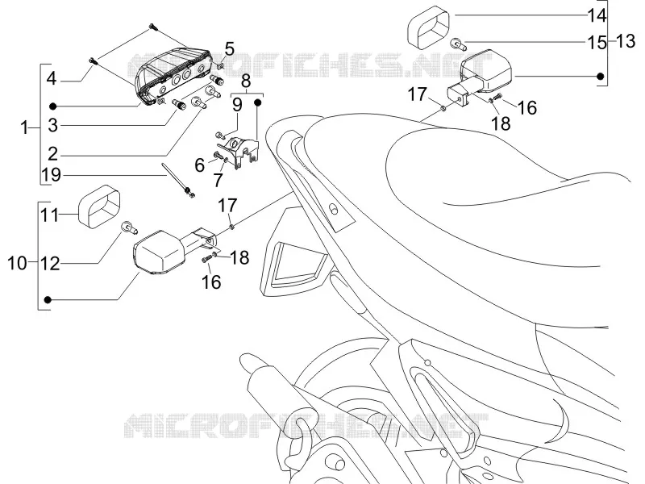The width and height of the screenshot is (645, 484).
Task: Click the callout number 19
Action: [52, 175]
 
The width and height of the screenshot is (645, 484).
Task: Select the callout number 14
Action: [597, 15]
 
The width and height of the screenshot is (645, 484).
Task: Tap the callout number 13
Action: [626, 41]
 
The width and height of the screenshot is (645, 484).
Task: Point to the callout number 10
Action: [17, 264]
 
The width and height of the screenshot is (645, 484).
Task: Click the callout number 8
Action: [246, 81]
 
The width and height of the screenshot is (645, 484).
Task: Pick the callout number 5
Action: [229, 49]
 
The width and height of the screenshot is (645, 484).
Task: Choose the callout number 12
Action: [50, 264]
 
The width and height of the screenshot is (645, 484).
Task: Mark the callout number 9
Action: [237, 105]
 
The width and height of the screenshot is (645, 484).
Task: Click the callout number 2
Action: [52, 154]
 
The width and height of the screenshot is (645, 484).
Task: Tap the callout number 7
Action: [218, 180]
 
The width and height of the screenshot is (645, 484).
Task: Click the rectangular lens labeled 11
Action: [99, 206]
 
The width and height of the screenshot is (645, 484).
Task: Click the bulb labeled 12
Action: [128, 227]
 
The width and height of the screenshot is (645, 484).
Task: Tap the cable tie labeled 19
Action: [178, 180]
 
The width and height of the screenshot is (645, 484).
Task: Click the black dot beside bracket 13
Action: [600, 76]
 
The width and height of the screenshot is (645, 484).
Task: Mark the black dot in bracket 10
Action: [48, 300]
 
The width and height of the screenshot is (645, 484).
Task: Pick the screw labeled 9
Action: [220, 134]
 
